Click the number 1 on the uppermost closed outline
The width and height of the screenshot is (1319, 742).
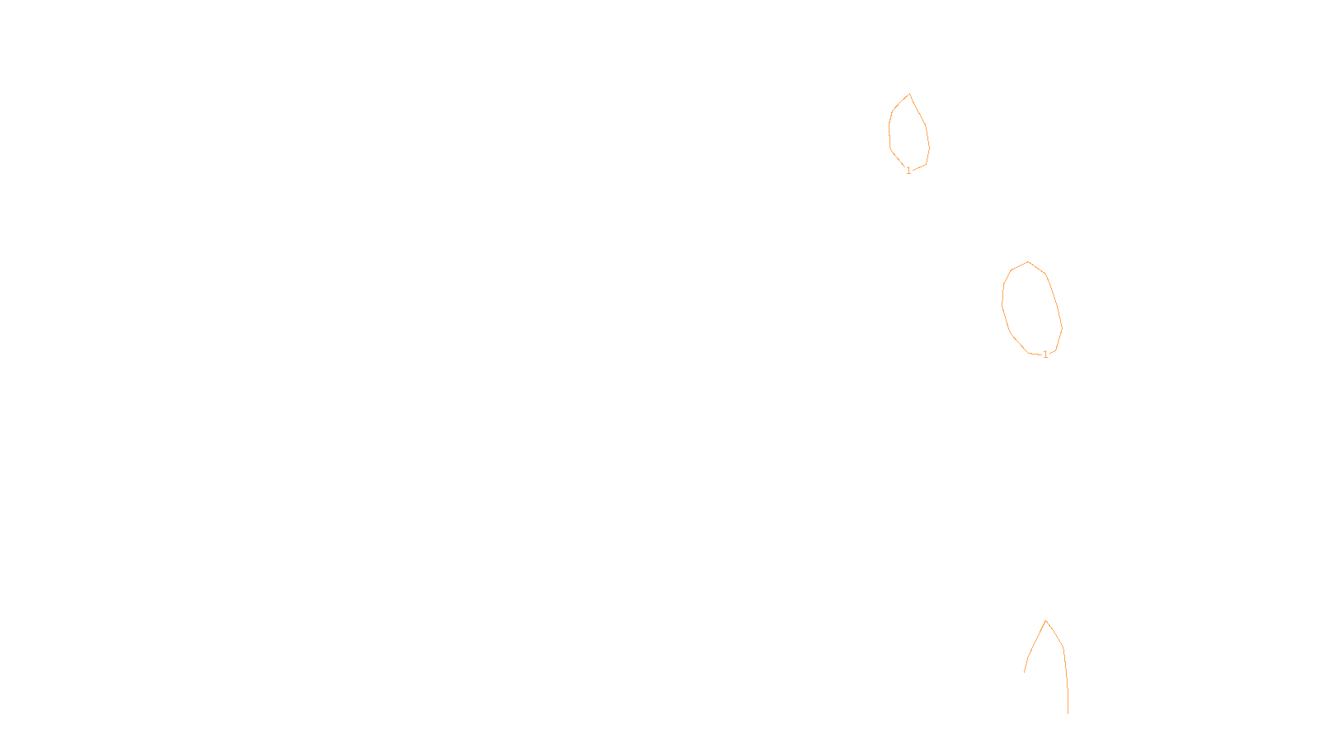(x=908, y=171)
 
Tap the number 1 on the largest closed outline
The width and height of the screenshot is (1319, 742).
(x=1045, y=355)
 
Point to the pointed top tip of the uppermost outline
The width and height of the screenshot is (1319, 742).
(x=909, y=94)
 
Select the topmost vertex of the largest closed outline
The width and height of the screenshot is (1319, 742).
(x=1028, y=261)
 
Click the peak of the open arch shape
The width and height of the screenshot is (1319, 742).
(x=1046, y=620)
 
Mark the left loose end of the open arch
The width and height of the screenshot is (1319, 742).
(x=1024, y=672)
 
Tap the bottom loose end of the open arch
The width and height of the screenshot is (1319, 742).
(x=1068, y=714)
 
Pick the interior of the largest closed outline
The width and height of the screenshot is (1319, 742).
(x=1031, y=309)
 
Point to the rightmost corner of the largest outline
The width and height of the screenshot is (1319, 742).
(x=1063, y=328)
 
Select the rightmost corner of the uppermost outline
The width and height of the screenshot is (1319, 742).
(x=929, y=148)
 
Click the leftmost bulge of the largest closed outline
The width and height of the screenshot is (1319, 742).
(x=1002, y=306)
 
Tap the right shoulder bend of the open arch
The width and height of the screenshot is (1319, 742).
(x=1063, y=649)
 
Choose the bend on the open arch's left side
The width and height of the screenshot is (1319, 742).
(x=1028, y=656)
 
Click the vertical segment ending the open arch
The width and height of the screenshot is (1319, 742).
(x=1068, y=701)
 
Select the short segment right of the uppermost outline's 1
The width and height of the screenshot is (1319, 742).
(x=920, y=167)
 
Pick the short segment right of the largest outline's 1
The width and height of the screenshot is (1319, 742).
(x=1052, y=352)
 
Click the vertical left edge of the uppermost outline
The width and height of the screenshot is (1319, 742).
(x=890, y=137)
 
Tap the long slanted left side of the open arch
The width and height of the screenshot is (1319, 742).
(x=1037, y=638)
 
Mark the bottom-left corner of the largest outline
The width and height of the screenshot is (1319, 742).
(x=1028, y=353)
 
